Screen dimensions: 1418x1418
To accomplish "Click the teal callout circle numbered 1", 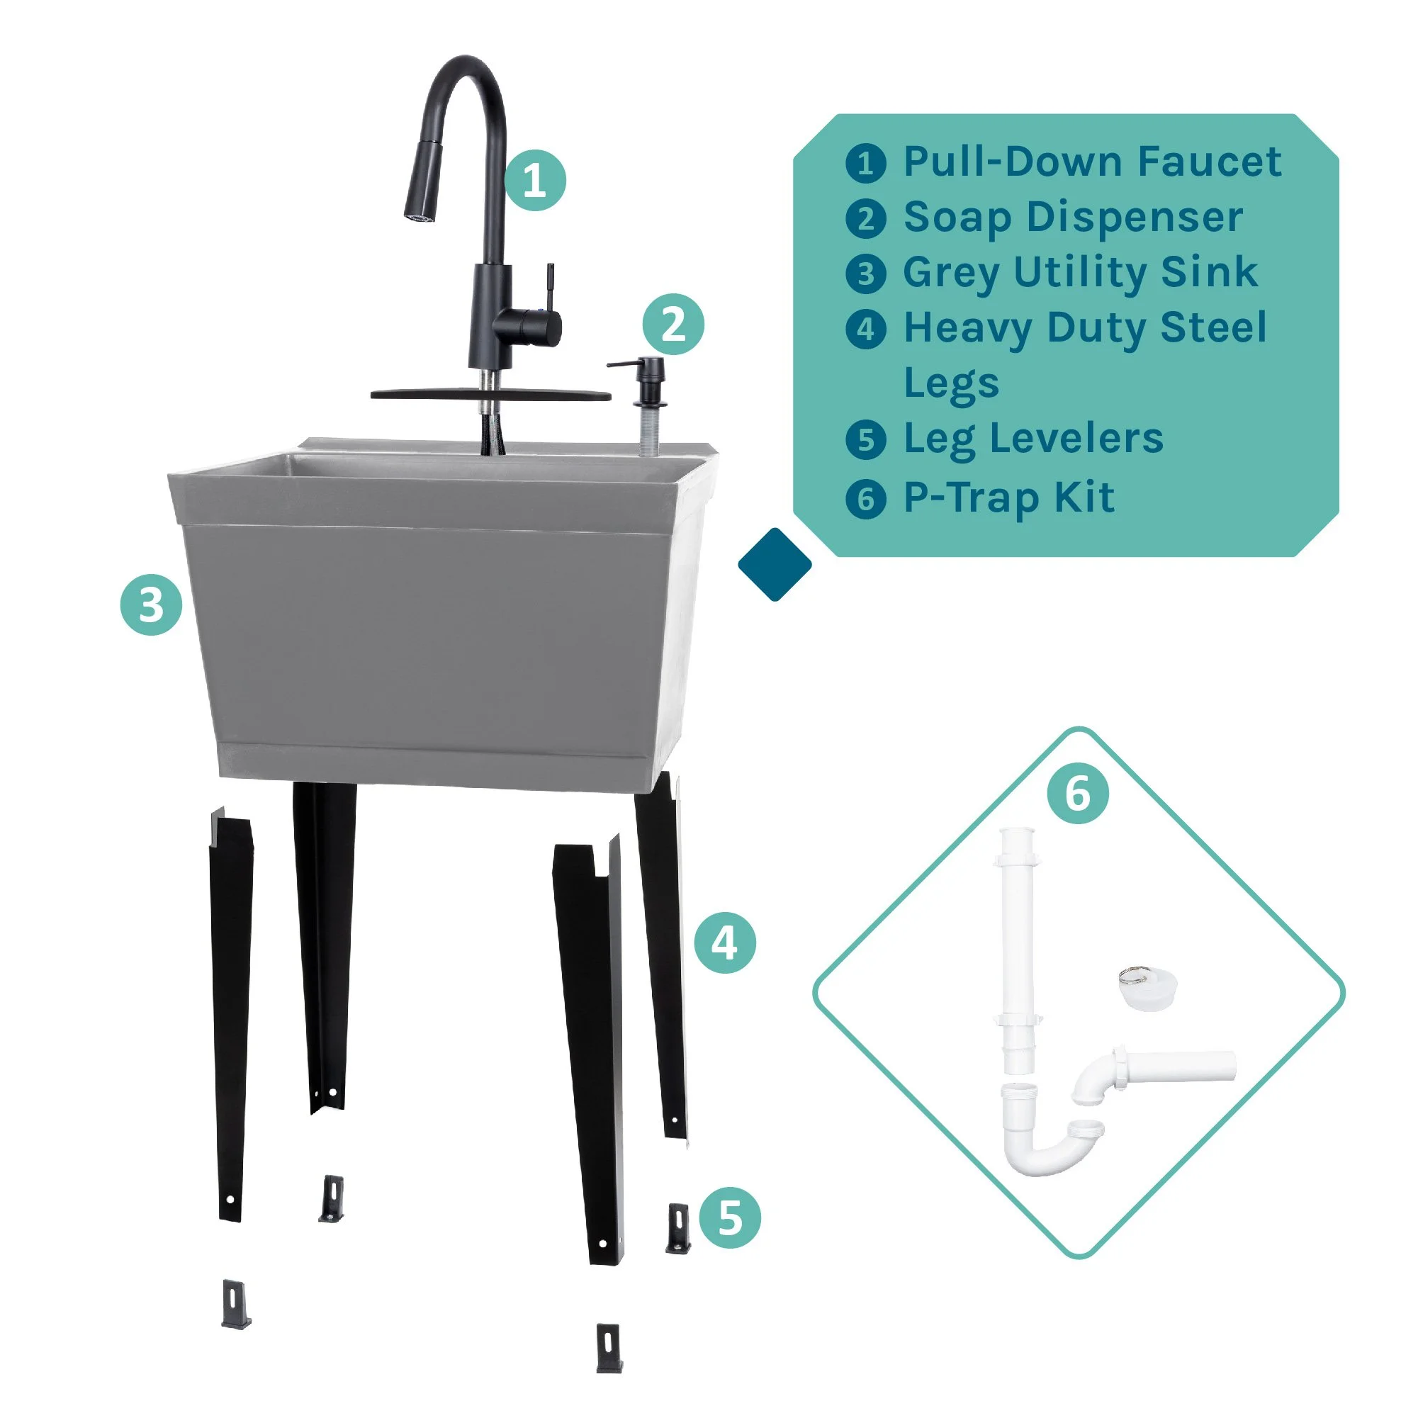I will [x=535, y=181].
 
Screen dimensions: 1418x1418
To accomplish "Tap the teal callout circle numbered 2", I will [x=673, y=325].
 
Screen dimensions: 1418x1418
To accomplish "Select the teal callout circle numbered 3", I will [x=151, y=604].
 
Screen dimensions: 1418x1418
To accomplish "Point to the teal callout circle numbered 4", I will [x=724, y=943].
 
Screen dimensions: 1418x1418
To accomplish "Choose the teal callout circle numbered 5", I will [x=730, y=1217].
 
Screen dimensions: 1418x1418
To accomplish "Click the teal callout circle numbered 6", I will [x=1077, y=794].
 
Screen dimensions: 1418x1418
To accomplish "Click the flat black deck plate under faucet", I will [x=490, y=395].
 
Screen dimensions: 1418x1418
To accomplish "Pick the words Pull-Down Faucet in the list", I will [x=1091, y=162].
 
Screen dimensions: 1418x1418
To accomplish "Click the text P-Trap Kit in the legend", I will [x=1008, y=498].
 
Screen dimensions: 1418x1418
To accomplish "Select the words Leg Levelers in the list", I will [x=1032, y=439].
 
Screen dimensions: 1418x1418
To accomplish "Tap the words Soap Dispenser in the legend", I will [x=1072, y=218].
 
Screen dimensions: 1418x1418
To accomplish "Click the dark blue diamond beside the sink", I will [x=775, y=564].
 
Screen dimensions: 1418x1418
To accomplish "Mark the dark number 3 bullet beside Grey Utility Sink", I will [x=865, y=274].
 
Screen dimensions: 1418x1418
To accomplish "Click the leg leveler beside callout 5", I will [x=678, y=1229].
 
